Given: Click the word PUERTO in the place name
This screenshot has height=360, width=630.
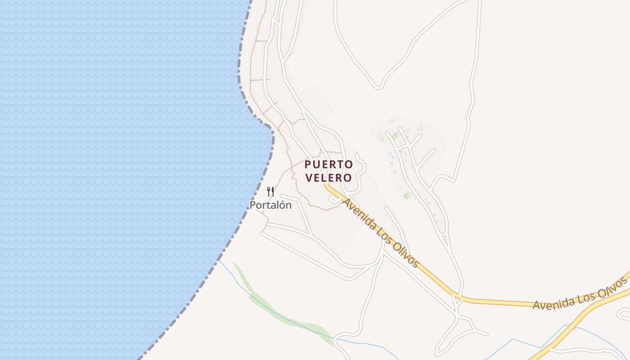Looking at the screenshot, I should click(x=328, y=165).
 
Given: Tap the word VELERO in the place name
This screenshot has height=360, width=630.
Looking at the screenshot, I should click(x=328, y=178).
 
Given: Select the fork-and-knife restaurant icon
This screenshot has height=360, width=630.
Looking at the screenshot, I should click(x=270, y=192).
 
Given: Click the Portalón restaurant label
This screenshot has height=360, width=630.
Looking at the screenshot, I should click(x=270, y=205).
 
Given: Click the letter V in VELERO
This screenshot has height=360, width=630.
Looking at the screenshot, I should click(x=309, y=178).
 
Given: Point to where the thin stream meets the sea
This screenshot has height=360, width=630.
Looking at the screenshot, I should click(x=219, y=260).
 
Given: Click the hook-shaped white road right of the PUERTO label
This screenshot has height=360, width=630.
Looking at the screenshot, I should click(x=361, y=173).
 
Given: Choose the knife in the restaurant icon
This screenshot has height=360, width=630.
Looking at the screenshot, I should click(x=273, y=192).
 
